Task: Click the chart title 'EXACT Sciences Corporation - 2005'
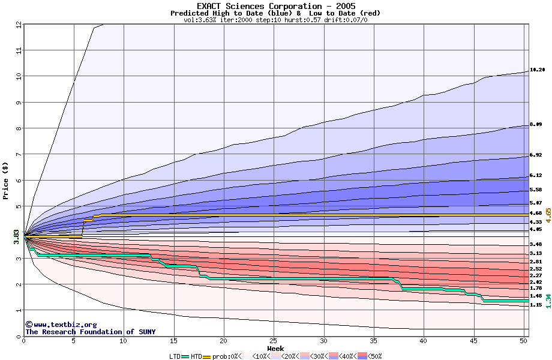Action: (x=275, y=6)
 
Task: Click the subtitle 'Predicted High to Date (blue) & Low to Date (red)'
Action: (x=275, y=13)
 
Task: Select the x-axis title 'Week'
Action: (x=275, y=349)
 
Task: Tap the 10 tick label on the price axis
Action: (x=17, y=76)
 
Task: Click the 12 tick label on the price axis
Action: (x=17, y=25)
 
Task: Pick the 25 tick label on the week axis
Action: (x=274, y=341)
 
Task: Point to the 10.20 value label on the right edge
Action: (x=537, y=70)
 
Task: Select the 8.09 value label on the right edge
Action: (x=536, y=124)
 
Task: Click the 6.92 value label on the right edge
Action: (x=536, y=155)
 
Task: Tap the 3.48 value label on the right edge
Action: (x=536, y=245)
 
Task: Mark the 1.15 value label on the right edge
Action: (x=536, y=305)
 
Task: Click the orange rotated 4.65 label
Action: (x=548, y=215)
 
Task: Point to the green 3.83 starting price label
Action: (x=17, y=236)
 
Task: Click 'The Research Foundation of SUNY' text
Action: (x=90, y=332)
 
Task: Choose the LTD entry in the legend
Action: (x=176, y=356)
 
